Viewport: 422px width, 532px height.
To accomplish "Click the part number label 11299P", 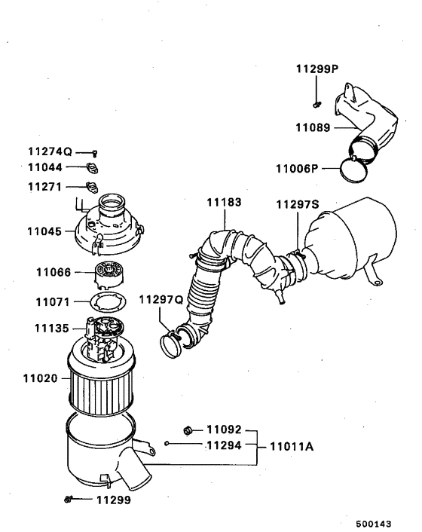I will [316, 69].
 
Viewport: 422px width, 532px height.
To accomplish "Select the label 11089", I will [312, 129].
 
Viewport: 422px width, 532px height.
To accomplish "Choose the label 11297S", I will [297, 204].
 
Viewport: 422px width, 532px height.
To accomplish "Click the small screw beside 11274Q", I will [95, 152].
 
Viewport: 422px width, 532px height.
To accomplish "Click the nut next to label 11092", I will [188, 430].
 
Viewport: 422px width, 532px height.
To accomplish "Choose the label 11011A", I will [287, 446].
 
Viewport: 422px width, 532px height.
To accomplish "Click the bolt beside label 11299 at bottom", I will [69, 499].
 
